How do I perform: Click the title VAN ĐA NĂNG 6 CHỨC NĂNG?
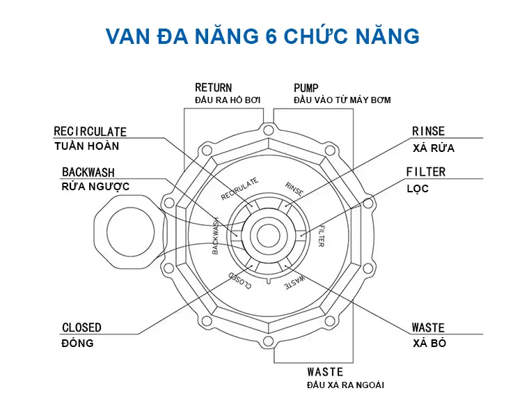(262, 35)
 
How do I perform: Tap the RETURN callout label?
(213, 88)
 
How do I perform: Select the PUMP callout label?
(306, 88)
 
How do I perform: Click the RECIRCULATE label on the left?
(90, 131)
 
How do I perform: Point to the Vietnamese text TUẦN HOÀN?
(86, 146)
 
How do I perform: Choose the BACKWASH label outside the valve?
(88, 172)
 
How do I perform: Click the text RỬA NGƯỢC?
(95, 187)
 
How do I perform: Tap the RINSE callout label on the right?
(428, 132)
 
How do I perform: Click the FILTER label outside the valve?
(426, 172)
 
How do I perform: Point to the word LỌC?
(418, 189)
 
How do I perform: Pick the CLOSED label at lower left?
(81, 327)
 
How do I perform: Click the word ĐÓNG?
(78, 344)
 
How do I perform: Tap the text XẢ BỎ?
(429, 344)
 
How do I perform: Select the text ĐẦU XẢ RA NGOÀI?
(346, 385)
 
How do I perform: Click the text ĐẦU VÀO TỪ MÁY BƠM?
(342, 100)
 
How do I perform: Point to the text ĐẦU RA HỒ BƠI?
(227, 100)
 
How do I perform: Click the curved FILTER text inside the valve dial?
(321, 236)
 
